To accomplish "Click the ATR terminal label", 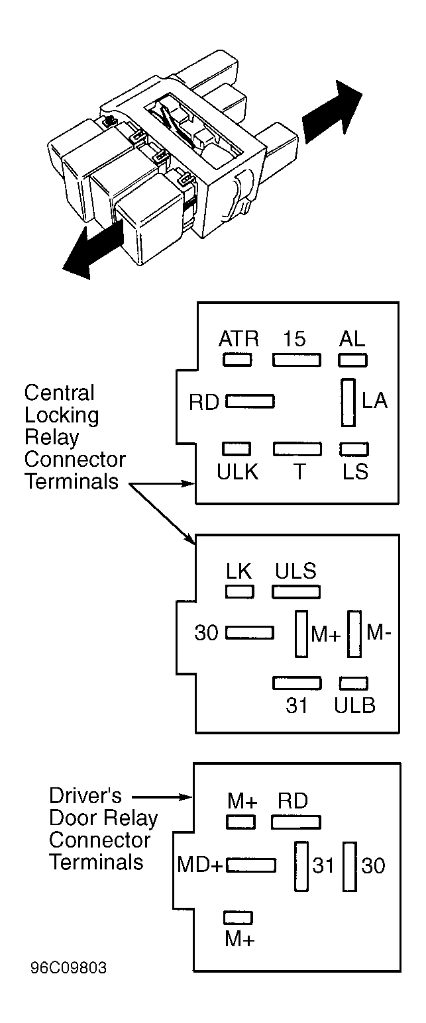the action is click(x=239, y=339).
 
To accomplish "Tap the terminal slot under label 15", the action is click(x=297, y=360).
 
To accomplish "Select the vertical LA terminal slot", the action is click(x=348, y=403).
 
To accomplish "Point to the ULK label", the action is click(x=238, y=472).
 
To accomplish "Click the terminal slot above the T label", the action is click(x=297, y=449).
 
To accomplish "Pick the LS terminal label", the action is click(x=356, y=472).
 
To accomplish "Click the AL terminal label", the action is click(x=352, y=339).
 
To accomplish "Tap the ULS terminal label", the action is click(x=295, y=571).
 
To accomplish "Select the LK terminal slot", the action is click(x=240, y=592).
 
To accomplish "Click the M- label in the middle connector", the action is click(x=379, y=633).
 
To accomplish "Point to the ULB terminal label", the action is click(x=354, y=706).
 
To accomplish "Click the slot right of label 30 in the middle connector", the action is click(x=250, y=632).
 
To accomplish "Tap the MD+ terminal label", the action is click(x=200, y=865).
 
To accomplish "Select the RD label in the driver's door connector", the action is click(x=293, y=801).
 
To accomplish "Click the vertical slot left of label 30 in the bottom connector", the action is click(x=350, y=866).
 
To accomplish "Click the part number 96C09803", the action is click(x=68, y=968).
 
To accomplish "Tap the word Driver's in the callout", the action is click(x=85, y=796).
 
